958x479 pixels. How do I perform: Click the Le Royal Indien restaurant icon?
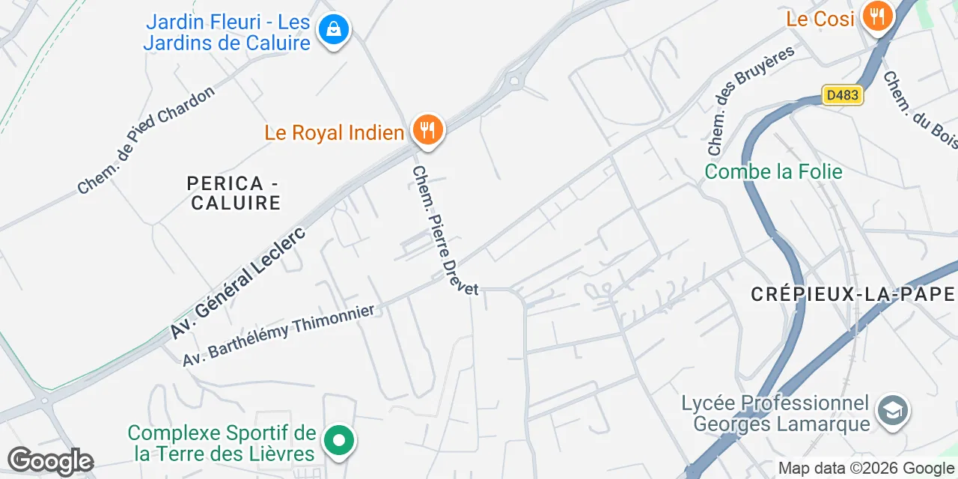[427, 130]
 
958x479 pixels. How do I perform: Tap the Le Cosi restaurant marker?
[877, 16]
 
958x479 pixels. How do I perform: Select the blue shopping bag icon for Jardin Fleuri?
[333, 30]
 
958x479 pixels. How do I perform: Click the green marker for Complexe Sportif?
[339, 440]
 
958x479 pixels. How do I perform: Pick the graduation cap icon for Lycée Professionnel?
[893, 410]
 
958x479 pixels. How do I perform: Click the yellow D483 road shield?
[843, 95]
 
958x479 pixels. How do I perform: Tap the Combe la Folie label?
[773, 171]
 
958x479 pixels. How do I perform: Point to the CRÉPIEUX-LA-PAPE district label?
[853, 294]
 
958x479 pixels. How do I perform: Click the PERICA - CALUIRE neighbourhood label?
[235, 192]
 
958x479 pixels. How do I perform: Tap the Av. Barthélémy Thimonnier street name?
[278, 334]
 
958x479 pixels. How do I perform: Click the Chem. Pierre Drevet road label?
[445, 231]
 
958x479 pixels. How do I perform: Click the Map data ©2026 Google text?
[866, 469]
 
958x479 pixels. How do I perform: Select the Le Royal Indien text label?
[334, 133]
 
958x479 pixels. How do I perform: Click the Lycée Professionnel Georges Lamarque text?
[775, 413]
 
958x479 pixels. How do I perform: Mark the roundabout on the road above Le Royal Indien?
[513, 80]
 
